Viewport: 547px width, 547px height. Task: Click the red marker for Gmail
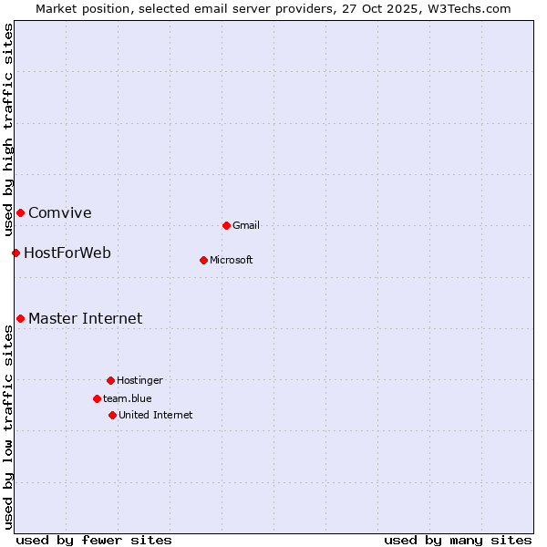(x=226, y=225)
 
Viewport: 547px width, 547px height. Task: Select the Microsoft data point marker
(x=203, y=260)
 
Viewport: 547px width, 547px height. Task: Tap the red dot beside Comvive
(x=20, y=212)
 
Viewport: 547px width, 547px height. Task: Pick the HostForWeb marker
(x=15, y=253)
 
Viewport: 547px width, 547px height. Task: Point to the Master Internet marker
(x=20, y=318)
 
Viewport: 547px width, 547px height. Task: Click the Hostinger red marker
(x=110, y=380)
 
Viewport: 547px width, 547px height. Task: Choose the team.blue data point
(x=97, y=398)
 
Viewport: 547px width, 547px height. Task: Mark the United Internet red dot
(x=112, y=415)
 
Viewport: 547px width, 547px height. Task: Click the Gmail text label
(x=246, y=225)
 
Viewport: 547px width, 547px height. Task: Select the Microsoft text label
(x=232, y=260)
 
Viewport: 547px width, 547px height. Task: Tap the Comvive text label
(x=60, y=213)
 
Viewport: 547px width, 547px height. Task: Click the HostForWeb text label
(x=67, y=253)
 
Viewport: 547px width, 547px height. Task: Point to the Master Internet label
(x=86, y=318)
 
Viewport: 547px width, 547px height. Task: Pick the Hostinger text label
(x=139, y=380)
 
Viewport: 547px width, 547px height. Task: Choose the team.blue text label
(x=128, y=398)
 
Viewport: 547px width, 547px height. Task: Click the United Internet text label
(x=156, y=415)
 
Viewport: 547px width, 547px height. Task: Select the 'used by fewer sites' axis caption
(x=94, y=540)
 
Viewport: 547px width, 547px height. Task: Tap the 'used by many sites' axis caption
(x=458, y=540)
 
